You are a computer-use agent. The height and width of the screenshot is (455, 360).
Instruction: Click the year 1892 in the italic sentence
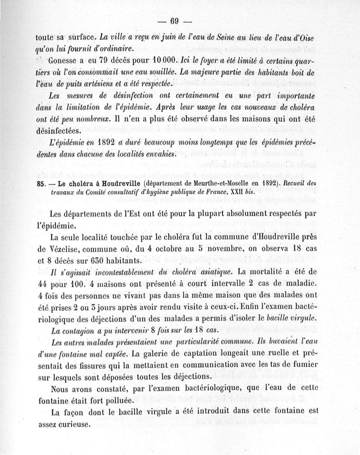point(102,143)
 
